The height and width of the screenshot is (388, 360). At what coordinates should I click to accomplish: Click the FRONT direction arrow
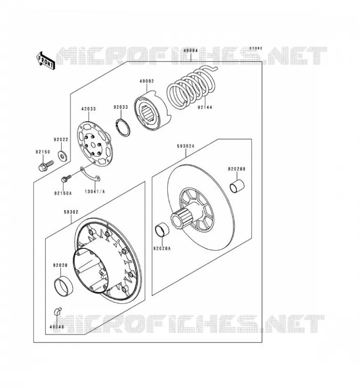click(x=46, y=60)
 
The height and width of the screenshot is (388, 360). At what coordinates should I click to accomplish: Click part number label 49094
click(x=191, y=50)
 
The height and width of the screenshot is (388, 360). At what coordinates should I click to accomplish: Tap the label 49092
click(x=147, y=81)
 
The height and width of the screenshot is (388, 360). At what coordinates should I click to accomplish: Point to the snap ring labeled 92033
click(x=123, y=128)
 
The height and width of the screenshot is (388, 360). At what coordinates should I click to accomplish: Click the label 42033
click(x=88, y=109)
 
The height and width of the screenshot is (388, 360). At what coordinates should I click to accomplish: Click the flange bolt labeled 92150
click(x=46, y=165)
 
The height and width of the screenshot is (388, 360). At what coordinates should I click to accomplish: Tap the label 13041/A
click(x=95, y=192)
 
